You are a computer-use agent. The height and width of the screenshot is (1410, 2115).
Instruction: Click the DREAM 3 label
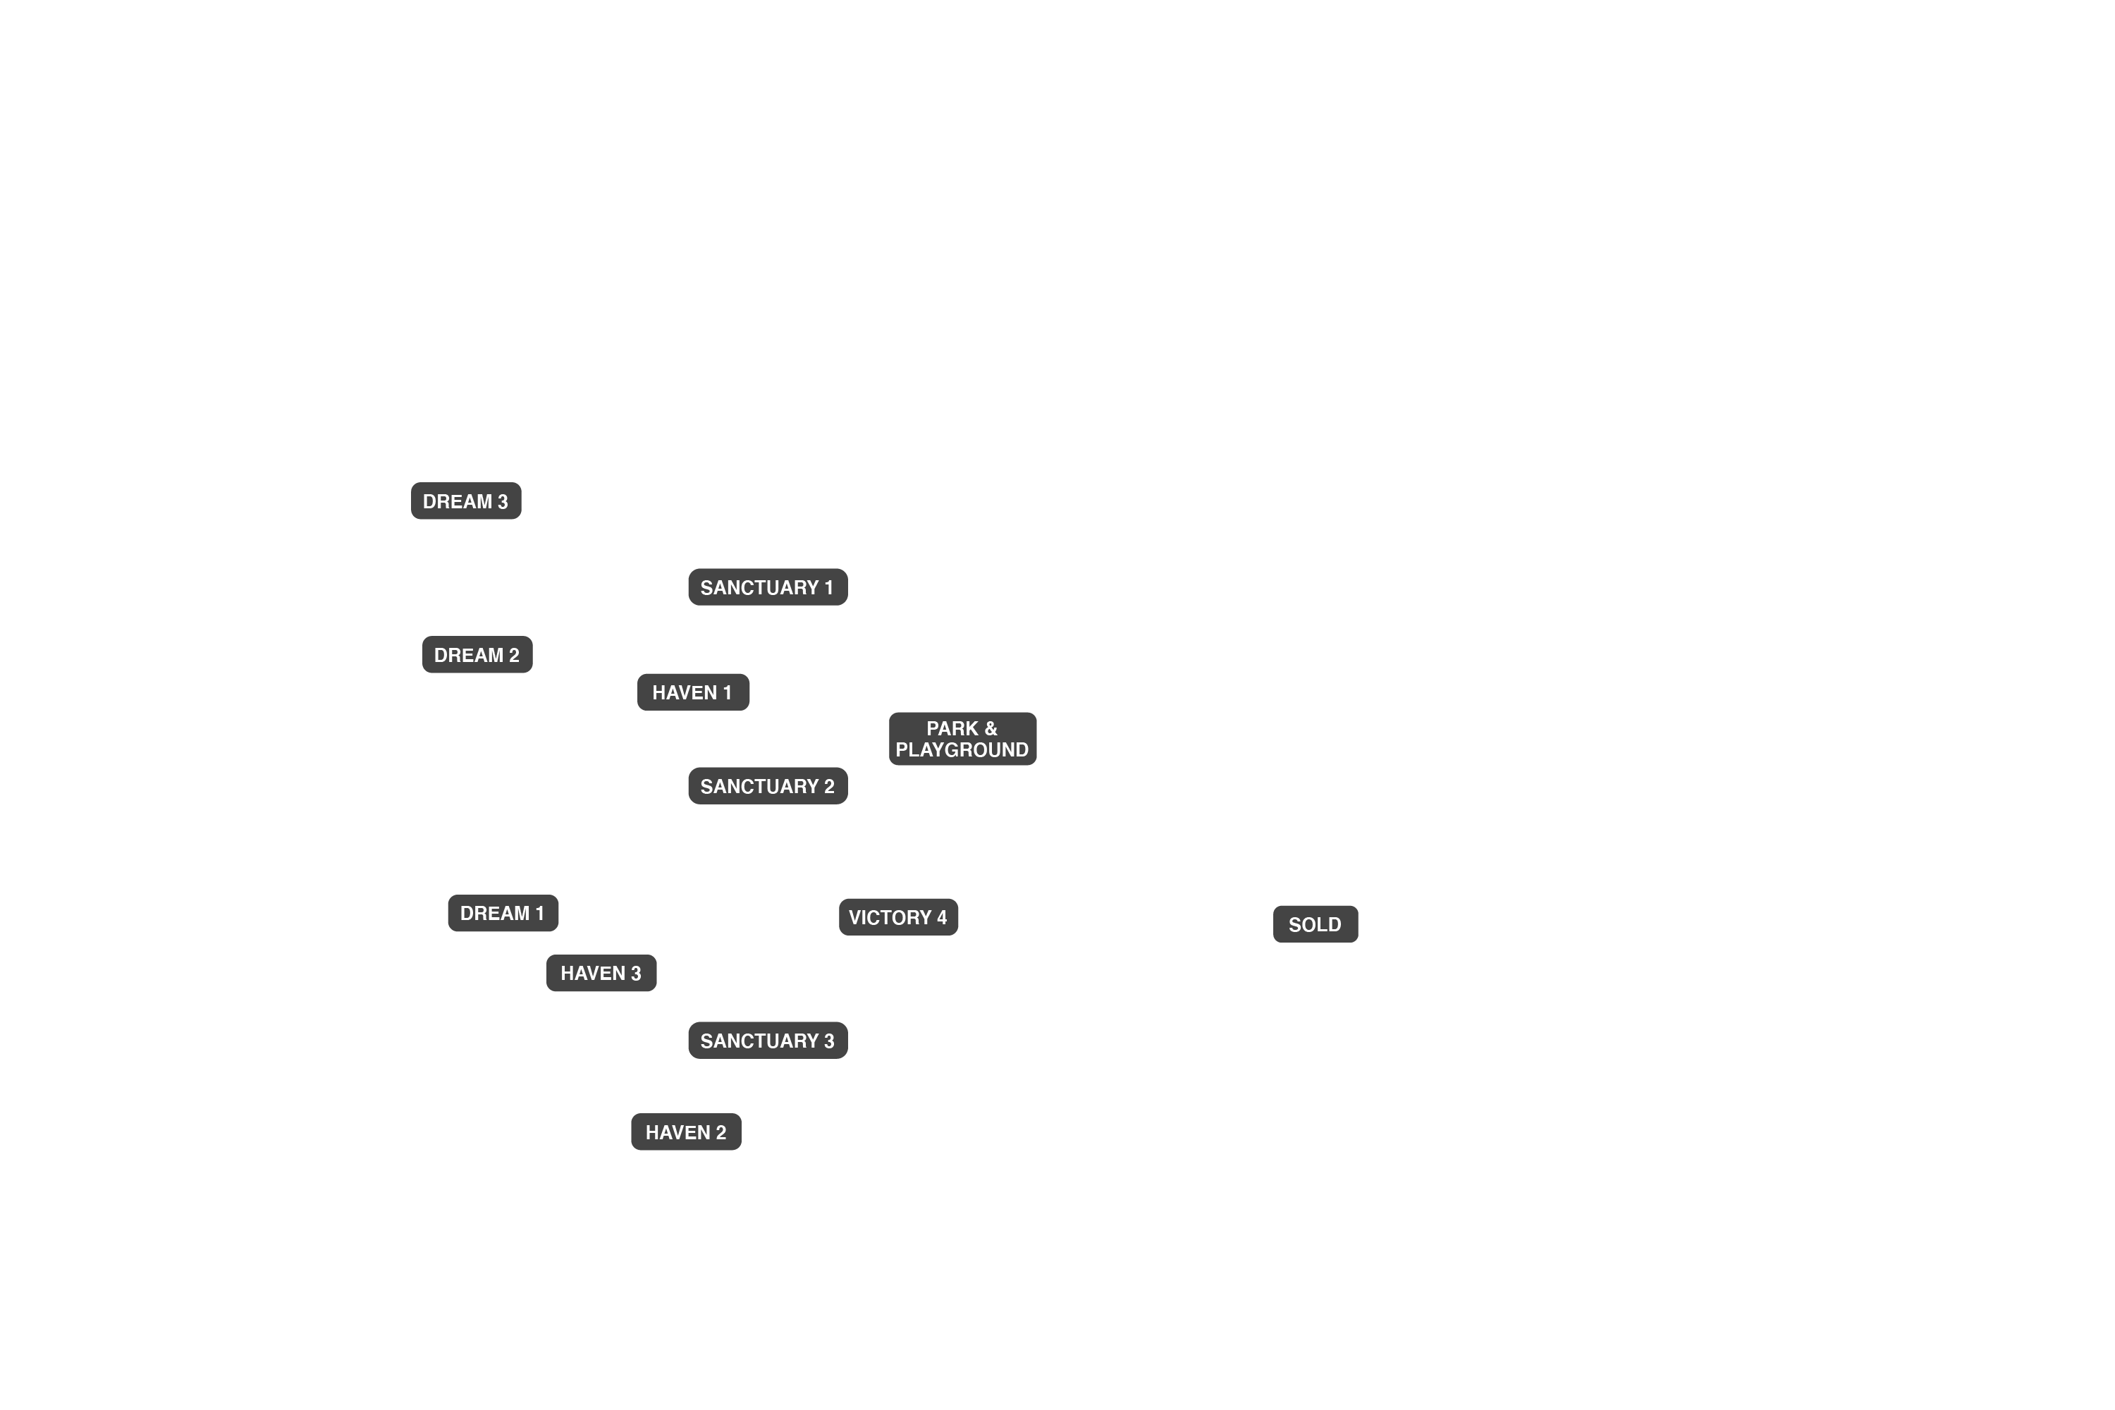tap(466, 501)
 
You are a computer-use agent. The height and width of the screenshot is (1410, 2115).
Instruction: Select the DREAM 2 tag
tap(477, 655)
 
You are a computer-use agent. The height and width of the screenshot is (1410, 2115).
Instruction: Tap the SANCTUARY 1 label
tap(768, 587)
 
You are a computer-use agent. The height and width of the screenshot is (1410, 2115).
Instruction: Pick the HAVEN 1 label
tap(693, 692)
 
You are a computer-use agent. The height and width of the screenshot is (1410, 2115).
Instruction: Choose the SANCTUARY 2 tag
tap(768, 786)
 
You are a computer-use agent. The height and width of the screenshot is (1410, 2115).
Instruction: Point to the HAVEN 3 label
tap(601, 973)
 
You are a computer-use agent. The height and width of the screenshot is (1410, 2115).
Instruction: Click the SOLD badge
tap(1316, 924)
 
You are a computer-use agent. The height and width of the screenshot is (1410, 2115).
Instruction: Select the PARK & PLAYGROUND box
tap(963, 739)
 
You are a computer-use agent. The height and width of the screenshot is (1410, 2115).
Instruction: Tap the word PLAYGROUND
tap(962, 750)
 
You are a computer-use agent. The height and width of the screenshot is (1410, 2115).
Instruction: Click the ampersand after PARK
tap(991, 728)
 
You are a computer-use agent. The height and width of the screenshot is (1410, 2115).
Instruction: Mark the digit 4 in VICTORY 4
tap(941, 917)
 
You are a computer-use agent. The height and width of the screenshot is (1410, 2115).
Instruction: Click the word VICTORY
tap(890, 917)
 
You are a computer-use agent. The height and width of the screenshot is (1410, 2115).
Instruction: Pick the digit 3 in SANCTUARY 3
tap(829, 1041)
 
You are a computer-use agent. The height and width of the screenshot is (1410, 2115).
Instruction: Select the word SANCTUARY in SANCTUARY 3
tap(760, 1041)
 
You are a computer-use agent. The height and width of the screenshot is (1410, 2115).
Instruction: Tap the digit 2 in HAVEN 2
tap(721, 1132)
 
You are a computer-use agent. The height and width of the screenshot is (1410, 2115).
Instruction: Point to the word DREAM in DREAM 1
tap(495, 914)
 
